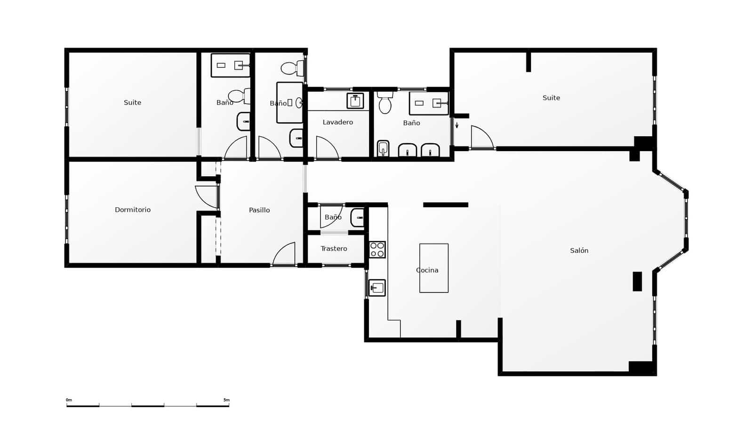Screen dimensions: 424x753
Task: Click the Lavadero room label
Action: [x=337, y=122]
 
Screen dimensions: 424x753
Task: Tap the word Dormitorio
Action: [x=133, y=210]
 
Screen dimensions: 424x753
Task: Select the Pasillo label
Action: [x=259, y=210]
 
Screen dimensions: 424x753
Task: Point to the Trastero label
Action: [x=334, y=248]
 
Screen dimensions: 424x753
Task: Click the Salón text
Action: [x=579, y=251]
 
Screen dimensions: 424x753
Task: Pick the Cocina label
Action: [x=427, y=270]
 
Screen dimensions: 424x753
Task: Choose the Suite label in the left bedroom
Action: [x=132, y=102]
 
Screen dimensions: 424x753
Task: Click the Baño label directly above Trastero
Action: [x=333, y=217]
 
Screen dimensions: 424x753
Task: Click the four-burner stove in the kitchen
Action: [x=377, y=250]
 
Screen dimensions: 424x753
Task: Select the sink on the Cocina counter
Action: [x=377, y=287]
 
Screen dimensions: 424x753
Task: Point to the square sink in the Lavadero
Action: [x=355, y=101]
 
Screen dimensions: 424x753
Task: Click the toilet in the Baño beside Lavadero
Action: [x=385, y=103]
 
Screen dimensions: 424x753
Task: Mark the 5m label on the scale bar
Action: [x=226, y=400]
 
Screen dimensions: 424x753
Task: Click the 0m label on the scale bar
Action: [x=69, y=400]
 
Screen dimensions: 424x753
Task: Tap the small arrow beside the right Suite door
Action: [x=457, y=125]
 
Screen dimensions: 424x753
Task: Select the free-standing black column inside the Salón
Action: [x=637, y=281]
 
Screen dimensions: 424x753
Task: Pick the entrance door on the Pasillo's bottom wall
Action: [x=284, y=254]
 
